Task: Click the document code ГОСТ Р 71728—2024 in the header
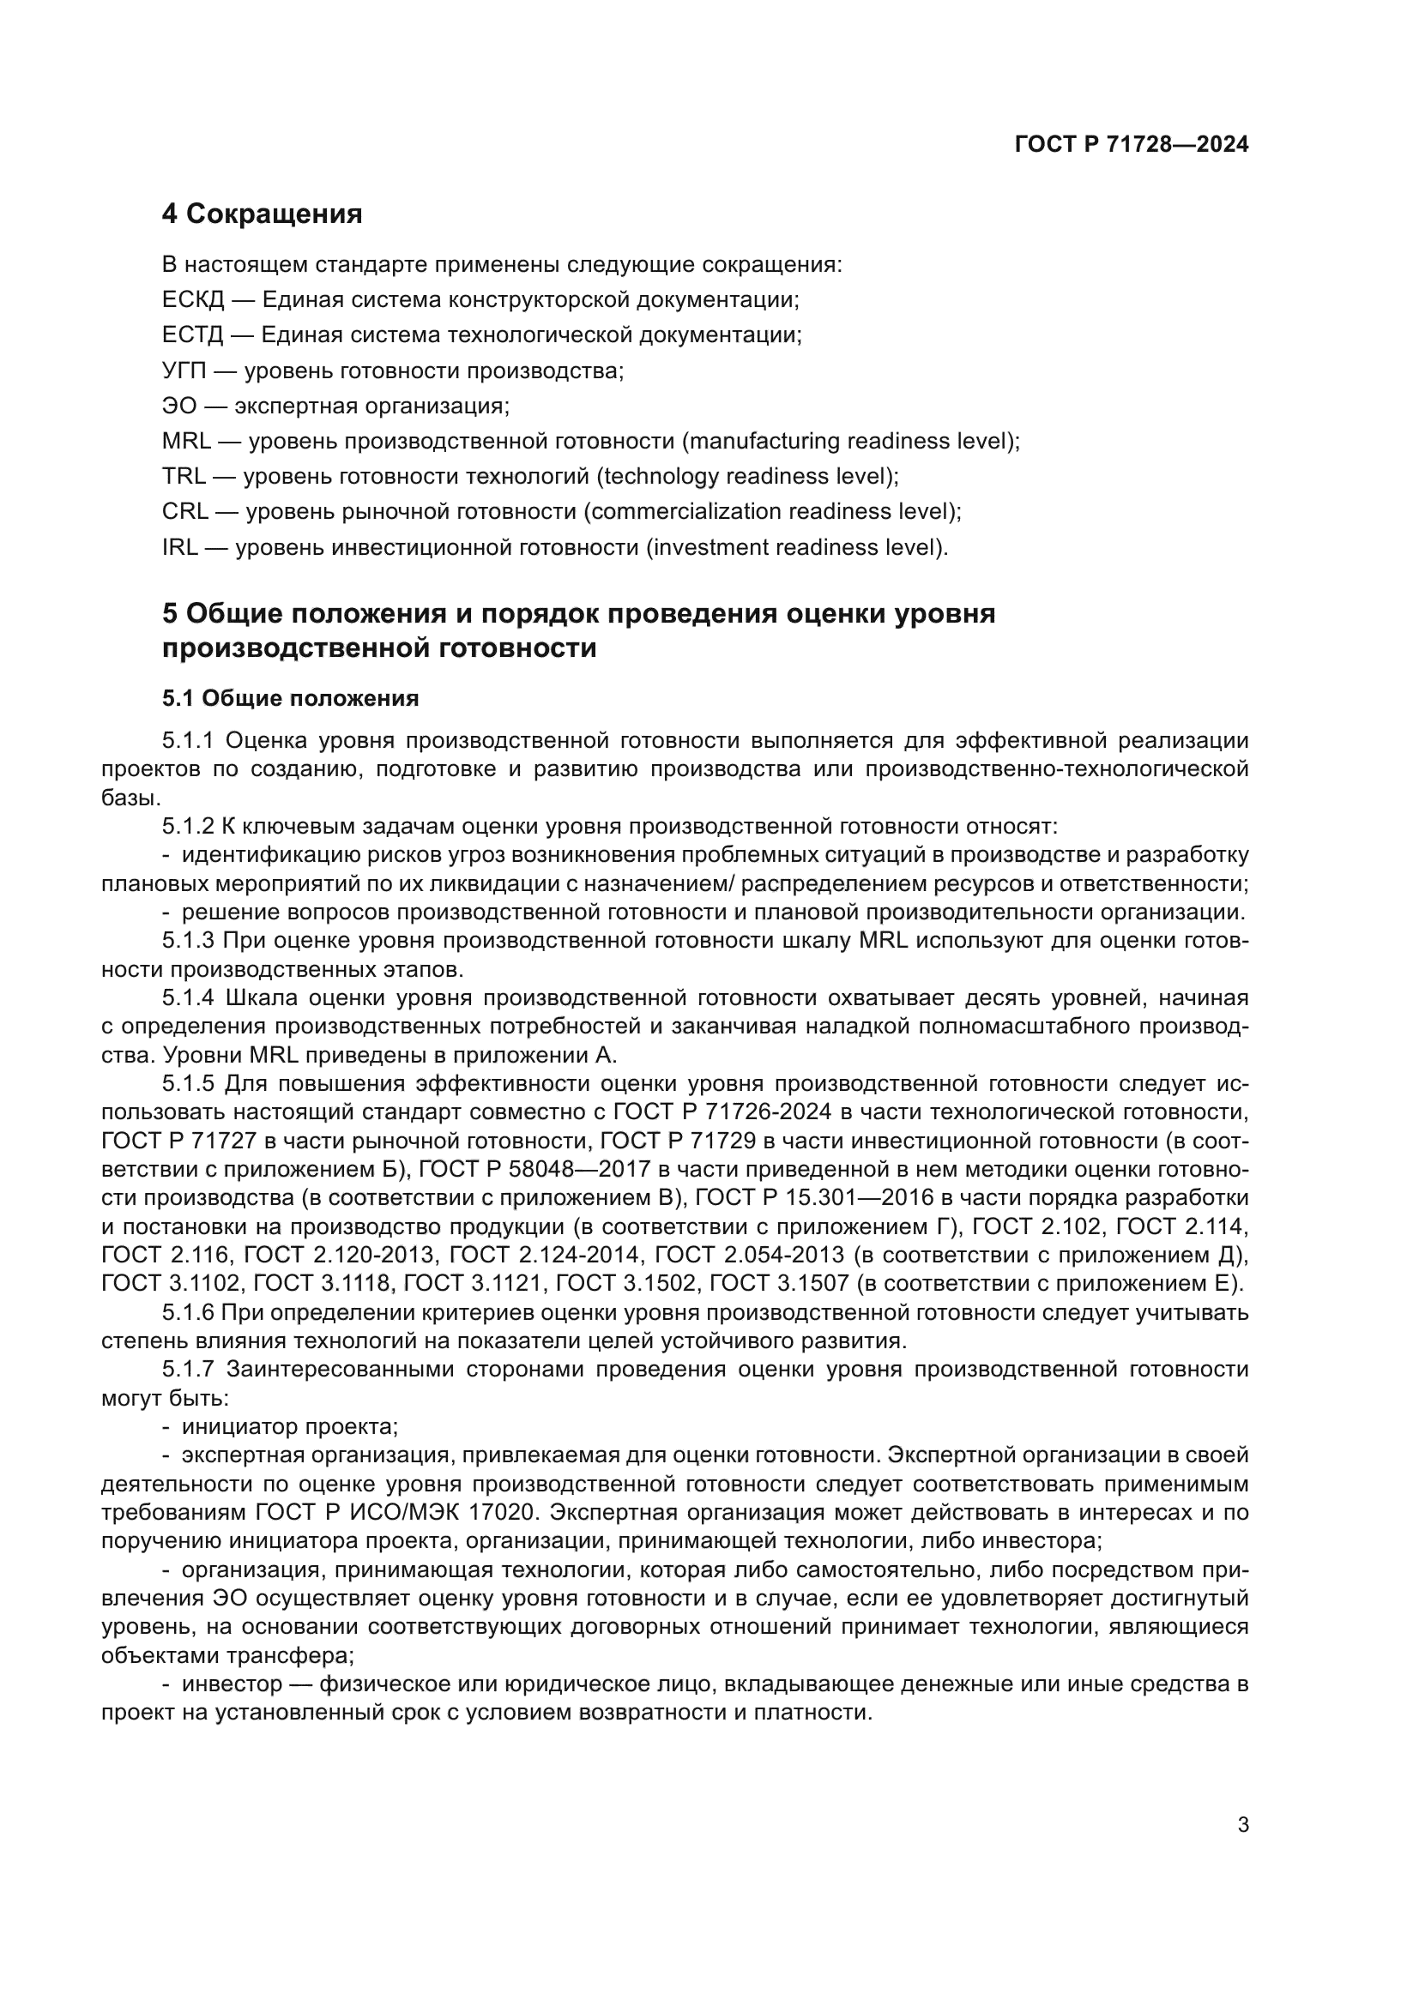pyautogui.click(x=1131, y=145)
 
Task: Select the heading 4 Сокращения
pyautogui.click(x=263, y=214)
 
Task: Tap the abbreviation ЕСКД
pyautogui.click(x=193, y=300)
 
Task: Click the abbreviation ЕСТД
pyautogui.click(x=193, y=335)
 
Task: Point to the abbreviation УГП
pyautogui.click(x=184, y=370)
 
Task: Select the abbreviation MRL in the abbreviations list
pyautogui.click(x=186, y=441)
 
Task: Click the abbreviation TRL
pyautogui.click(x=184, y=476)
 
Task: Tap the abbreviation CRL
pyautogui.click(x=184, y=512)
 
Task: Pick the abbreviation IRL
pyautogui.click(x=180, y=548)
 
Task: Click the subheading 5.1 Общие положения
pyautogui.click(x=290, y=698)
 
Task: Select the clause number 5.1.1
pyautogui.click(x=188, y=741)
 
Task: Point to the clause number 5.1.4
pyautogui.click(x=188, y=997)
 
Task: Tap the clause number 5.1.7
pyautogui.click(x=188, y=1369)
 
